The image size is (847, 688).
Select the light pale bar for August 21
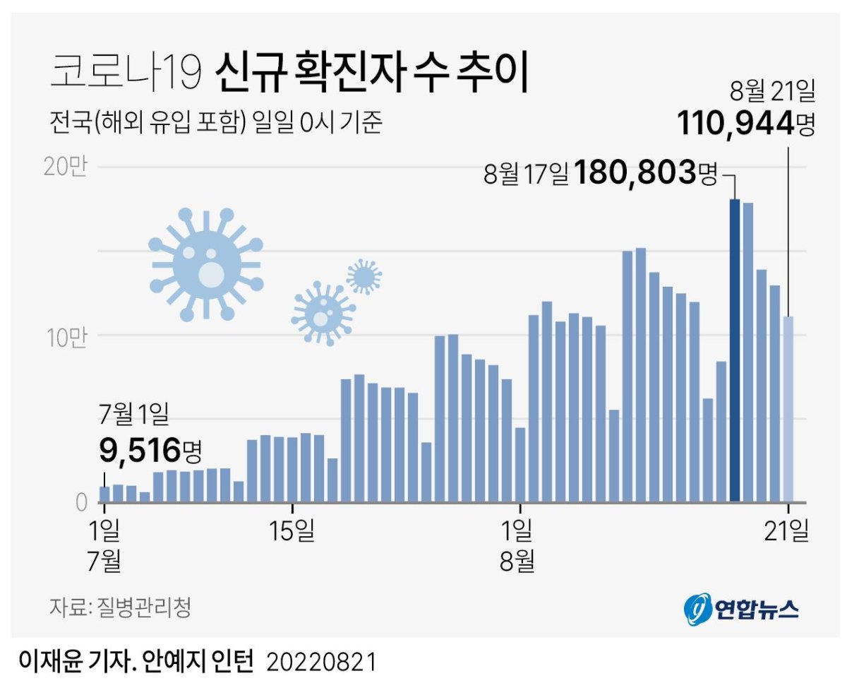pos(788,409)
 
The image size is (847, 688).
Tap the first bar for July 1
pos(104,494)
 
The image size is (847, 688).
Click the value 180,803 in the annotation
pos(634,173)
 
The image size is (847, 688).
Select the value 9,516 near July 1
pos(139,448)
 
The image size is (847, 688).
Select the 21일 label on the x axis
pos(788,530)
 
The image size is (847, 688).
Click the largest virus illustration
pos(206,265)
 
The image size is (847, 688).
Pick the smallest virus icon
pos(364,276)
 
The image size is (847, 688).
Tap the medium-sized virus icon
pos(322,312)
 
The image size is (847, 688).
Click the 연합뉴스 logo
pos(741,609)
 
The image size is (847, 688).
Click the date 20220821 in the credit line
pos(321,662)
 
